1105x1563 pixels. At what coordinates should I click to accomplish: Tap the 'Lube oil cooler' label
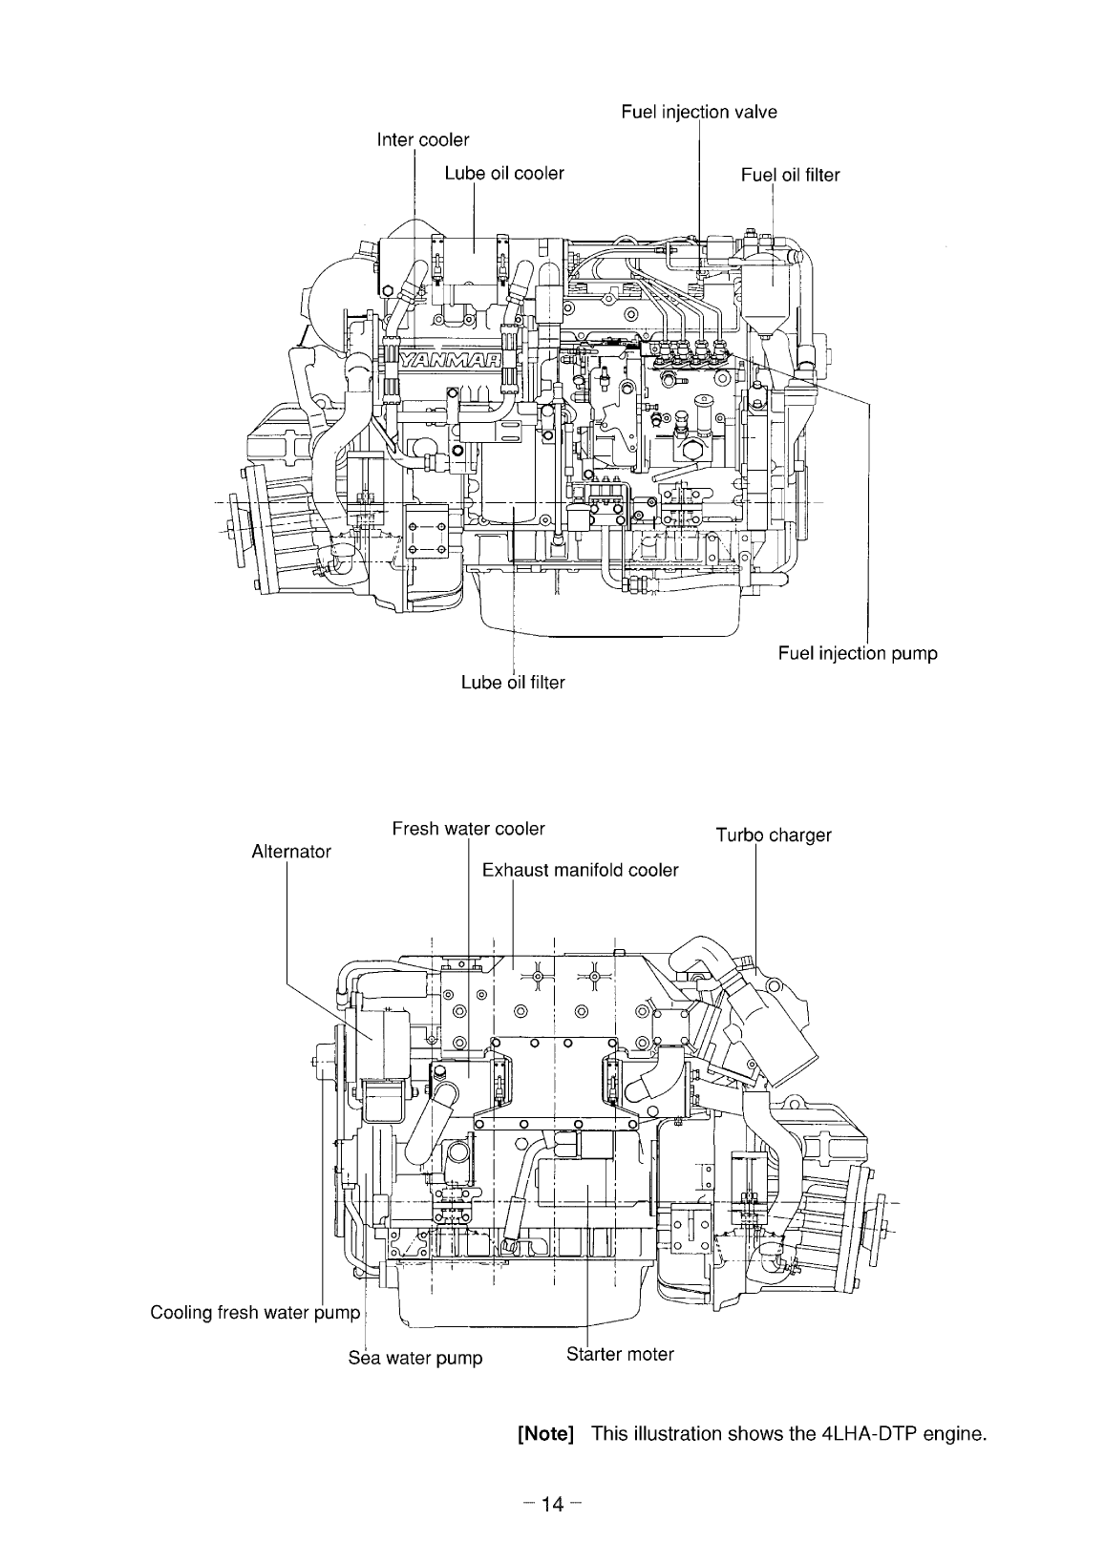[x=504, y=174]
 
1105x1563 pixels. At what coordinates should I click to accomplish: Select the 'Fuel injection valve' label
[x=698, y=113]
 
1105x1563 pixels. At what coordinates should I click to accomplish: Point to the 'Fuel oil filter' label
[x=790, y=175]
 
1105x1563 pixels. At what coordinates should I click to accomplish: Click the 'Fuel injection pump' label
[x=857, y=654]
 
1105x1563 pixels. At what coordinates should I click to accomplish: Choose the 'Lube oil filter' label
[x=513, y=683]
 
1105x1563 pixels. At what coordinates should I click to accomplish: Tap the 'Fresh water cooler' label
[x=468, y=829]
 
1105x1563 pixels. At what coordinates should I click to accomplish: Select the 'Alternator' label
[x=290, y=852]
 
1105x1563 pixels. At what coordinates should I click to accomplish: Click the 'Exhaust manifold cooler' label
[x=580, y=871]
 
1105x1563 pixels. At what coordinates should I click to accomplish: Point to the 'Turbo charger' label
[x=774, y=836]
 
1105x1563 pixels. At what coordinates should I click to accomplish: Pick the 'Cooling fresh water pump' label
[x=255, y=1313]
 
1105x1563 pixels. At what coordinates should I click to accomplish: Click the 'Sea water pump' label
[x=414, y=1358]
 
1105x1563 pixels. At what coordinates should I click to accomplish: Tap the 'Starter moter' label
[x=620, y=1354]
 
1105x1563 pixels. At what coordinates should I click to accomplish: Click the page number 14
[x=552, y=1506]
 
